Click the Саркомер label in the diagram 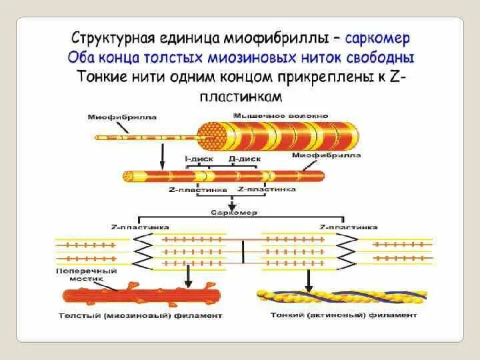[233, 213]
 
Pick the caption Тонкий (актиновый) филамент [345, 315]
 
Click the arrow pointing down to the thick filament [189, 275]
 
